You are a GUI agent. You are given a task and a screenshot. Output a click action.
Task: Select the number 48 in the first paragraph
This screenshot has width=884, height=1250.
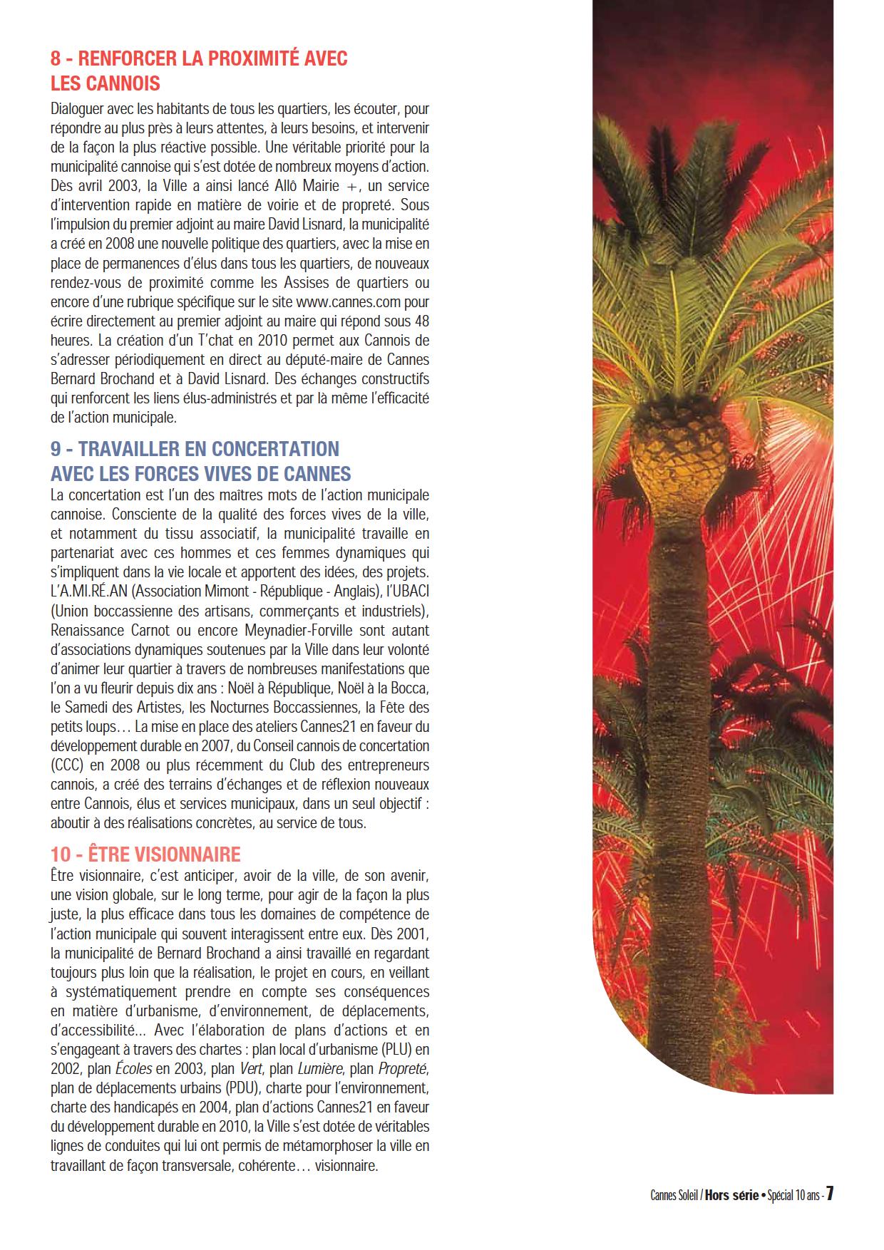tap(421, 321)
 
